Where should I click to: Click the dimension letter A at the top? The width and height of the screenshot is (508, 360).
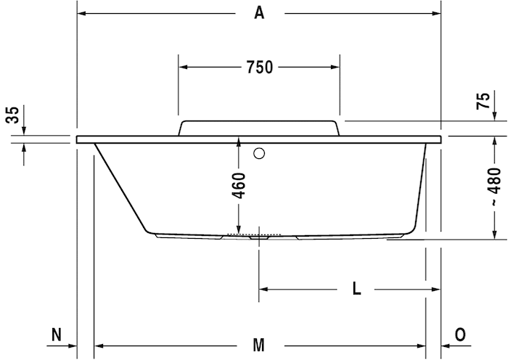coord(259,13)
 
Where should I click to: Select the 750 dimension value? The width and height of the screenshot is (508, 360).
coord(259,67)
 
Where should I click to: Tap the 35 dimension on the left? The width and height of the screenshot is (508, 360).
coord(12,115)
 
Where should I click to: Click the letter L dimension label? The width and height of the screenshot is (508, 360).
coord(356,289)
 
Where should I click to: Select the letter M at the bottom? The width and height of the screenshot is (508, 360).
coord(259,345)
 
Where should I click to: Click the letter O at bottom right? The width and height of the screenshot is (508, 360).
coord(460,335)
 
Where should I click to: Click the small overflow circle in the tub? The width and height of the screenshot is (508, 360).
coord(259,153)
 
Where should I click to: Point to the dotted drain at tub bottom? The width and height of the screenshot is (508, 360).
coord(253,234)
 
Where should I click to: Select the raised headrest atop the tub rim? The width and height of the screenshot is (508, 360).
coord(259,128)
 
